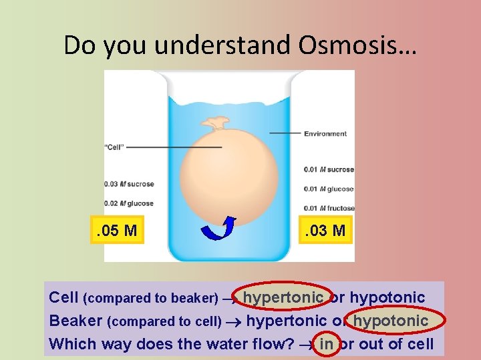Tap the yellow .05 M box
(x=117, y=231)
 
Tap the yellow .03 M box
(x=325, y=231)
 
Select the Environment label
(x=325, y=133)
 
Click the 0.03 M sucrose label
(x=129, y=184)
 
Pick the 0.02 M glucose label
(x=129, y=203)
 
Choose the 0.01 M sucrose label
(x=329, y=169)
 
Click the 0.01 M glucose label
(x=329, y=189)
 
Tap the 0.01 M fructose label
(x=329, y=209)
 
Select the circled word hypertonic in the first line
(x=283, y=297)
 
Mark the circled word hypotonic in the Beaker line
(x=390, y=321)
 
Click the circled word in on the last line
(x=327, y=345)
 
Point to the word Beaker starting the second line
(x=75, y=321)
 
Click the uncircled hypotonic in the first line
(x=387, y=297)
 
